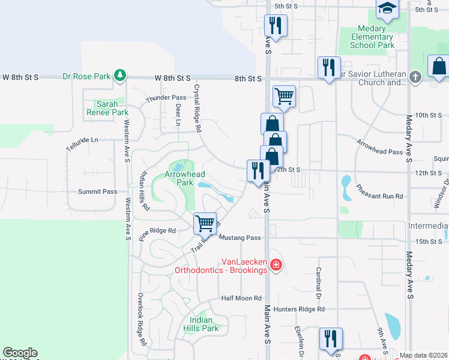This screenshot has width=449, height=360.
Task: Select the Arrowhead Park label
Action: click(x=185, y=178)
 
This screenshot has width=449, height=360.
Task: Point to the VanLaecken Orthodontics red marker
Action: click(x=276, y=265)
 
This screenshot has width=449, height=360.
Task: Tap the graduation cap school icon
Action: click(x=387, y=9)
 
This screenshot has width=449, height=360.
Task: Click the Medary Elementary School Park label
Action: click(x=372, y=37)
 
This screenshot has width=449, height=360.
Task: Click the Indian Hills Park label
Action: click(x=200, y=324)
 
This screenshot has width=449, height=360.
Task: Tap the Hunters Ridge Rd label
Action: click(x=298, y=309)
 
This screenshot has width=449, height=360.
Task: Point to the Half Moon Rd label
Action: click(x=241, y=298)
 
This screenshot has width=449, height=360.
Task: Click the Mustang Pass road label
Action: click(x=240, y=238)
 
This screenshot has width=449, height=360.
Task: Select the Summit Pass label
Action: click(x=97, y=191)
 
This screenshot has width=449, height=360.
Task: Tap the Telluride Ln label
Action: click(x=82, y=140)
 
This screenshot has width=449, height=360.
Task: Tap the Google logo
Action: click(x=20, y=353)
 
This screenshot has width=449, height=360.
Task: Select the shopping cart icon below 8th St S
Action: click(x=284, y=95)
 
